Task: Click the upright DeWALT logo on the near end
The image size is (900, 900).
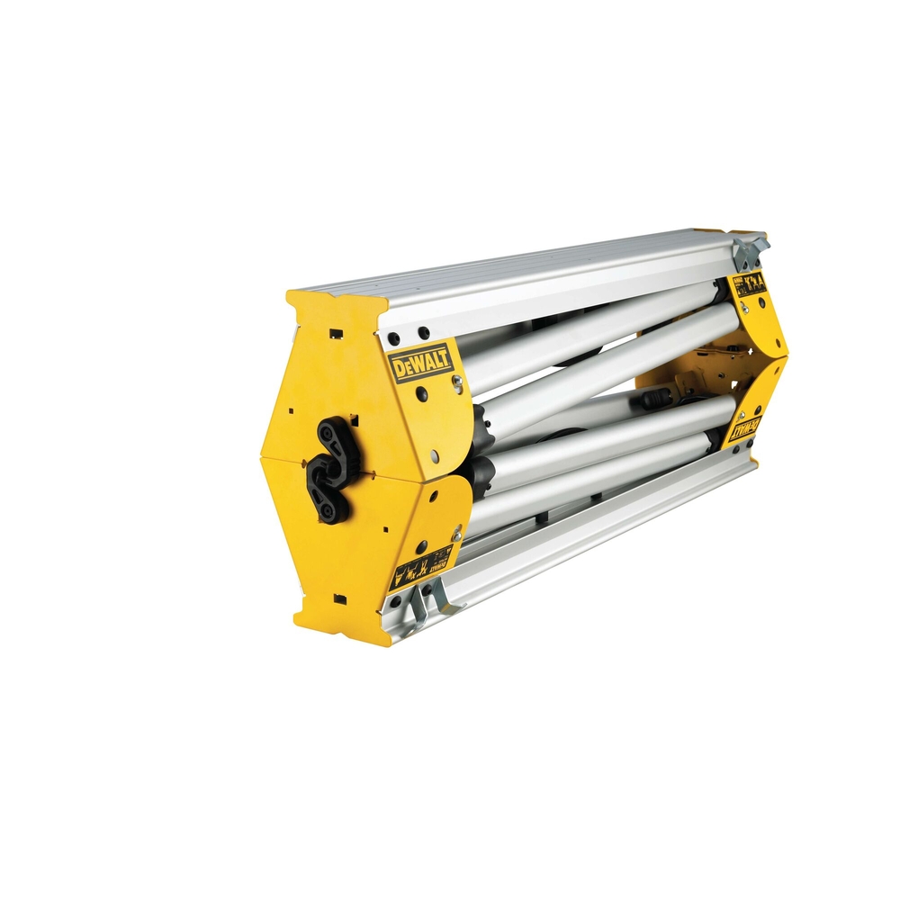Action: pyautogui.click(x=419, y=362)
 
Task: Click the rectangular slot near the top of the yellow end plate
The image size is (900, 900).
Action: pyautogui.click(x=336, y=333)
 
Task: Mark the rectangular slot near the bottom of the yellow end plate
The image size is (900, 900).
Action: pyautogui.click(x=338, y=598)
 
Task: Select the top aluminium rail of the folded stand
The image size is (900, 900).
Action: pyautogui.click(x=540, y=270)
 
